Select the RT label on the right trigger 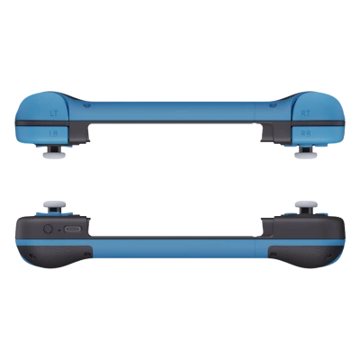(x=305, y=112)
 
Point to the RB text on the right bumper (x=305, y=131)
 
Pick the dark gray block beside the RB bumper (x=271, y=133)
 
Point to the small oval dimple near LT (x=86, y=103)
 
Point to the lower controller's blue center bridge (x=180, y=243)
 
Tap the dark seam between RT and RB (x=305, y=121)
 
